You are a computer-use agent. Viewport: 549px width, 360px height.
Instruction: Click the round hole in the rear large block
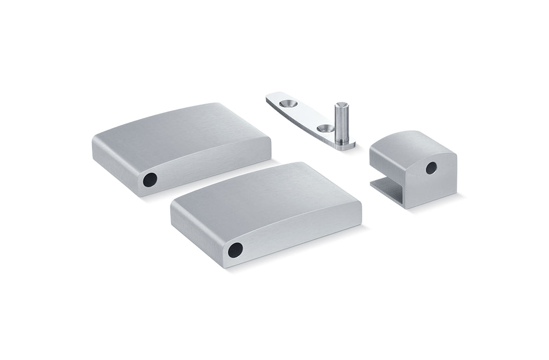150,179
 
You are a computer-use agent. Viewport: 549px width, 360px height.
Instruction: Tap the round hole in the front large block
235,250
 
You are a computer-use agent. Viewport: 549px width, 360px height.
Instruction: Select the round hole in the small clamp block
431,168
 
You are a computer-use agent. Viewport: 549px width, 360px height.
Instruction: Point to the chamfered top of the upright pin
340,105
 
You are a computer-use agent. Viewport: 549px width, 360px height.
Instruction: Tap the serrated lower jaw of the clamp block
387,187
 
